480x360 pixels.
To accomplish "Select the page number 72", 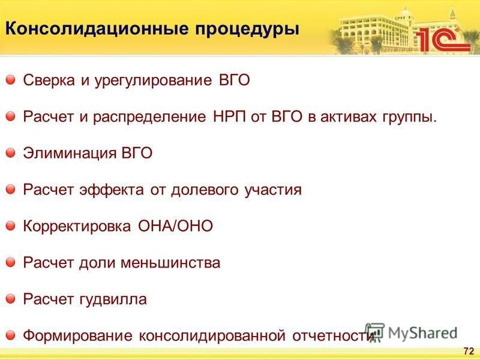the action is pos(469,351).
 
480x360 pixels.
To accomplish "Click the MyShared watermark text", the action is pos(422,333).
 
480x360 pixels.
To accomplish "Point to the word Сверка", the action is pos(49,80).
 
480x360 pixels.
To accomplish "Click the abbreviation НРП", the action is pos(229,116).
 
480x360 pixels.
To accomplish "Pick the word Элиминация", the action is pos(70,153).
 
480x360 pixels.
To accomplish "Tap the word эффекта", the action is pos(112,190).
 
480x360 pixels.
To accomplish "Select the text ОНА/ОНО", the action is pos(175,226).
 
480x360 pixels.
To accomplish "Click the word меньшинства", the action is pos(170,263).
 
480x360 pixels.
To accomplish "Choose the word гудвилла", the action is pos(113,299).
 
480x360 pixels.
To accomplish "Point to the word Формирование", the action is pos(78,336).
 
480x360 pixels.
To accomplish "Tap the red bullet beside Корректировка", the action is pos(10,226).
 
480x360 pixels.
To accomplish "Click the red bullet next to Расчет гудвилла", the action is pos(10,298).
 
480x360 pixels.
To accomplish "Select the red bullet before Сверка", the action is pos(10,80).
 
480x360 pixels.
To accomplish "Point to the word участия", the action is pos(273,190).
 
